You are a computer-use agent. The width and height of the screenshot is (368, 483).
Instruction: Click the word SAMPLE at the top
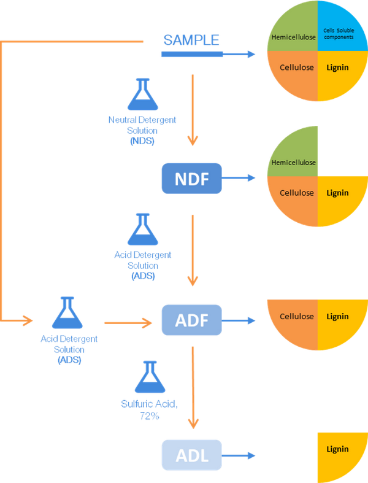191,41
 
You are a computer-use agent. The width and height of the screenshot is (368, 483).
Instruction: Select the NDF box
190,179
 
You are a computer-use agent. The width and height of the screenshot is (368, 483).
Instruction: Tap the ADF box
190,320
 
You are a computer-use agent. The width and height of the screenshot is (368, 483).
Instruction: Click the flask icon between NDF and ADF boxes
143,230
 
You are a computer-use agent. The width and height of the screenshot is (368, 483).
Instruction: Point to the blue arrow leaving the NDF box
239,179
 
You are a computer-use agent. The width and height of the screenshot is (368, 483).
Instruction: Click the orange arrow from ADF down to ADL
194,387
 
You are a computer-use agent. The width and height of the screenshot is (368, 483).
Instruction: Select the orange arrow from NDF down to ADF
194,249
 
